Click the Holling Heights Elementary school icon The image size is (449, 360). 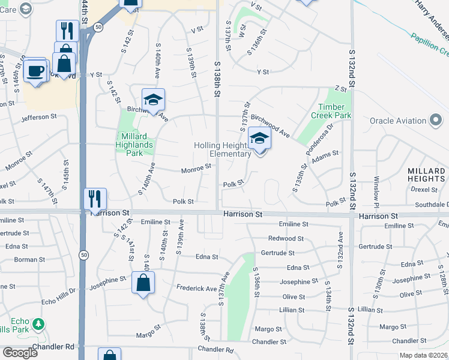click(x=259, y=139)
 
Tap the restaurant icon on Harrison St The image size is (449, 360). click(x=95, y=199)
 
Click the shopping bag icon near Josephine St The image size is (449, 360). click(x=143, y=283)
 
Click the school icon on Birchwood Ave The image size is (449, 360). click(x=153, y=100)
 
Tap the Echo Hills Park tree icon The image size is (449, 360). click(x=38, y=325)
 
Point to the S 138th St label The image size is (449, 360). click(x=217, y=76)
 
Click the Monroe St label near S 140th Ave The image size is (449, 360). click(x=196, y=170)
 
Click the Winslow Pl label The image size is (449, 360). click(x=377, y=188)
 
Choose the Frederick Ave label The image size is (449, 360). click(x=196, y=289)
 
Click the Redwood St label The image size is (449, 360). click(x=286, y=239)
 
